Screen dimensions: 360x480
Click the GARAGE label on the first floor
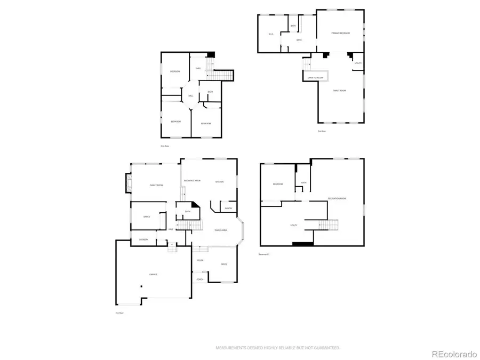pyautogui.click(x=153, y=274)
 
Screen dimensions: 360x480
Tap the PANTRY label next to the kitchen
pyautogui.click(x=228, y=208)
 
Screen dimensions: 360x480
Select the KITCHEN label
pyautogui.click(x=219, y=182)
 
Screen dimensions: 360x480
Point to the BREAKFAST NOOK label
pyautogui.click(x=192, y=181)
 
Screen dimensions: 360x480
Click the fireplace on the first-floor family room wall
pyautogui.click(x=128, y=184)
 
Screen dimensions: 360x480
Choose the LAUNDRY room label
pyautogui.click(x=143, y=239)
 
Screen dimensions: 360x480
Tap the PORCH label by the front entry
pyautogui.click(x=199, y=278)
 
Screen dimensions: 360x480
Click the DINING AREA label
pyautogui.click(x=221, y=229)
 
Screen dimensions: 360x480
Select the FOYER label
pyautogui.click(x=199, y=260)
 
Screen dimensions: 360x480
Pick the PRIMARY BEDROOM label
pyautogui.click(x=340, y=33)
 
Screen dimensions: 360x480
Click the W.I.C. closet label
pyautogui.click(x=271, y=36)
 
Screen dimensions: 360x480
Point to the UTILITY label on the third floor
pyautogui.click(x=358, y=63)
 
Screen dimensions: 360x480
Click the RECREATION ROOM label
pyautogui.click(x=337, y=198)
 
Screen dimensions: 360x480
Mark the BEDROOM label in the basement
pyautogui.click(x=277, y=184)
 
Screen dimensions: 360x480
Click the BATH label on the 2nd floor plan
pyautogui.click(x=210, y=92)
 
